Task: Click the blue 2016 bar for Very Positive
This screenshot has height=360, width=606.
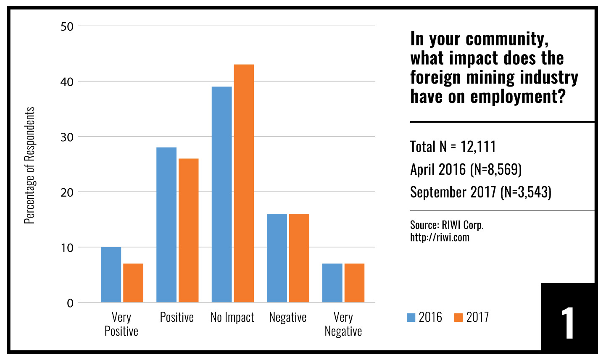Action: point(111,275)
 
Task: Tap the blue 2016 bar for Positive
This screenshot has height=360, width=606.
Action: point(166,225)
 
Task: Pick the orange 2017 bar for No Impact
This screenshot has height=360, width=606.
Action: point(244,183)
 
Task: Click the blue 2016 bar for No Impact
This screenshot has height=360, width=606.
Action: point(221,194)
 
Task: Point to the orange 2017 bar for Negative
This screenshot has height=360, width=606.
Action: point(299,258)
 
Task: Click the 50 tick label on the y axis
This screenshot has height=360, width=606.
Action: point(67,26)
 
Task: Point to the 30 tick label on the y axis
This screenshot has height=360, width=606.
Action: point(67,137)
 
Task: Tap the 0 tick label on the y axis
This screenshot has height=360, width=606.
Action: point(70,303)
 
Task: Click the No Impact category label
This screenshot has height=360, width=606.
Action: point(232,317)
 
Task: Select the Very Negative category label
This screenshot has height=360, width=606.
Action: point(343,324)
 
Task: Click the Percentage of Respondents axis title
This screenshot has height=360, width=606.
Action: point(29,165)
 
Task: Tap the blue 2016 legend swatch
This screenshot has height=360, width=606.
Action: point(411,318)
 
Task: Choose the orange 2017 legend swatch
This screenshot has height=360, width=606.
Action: point(458,318)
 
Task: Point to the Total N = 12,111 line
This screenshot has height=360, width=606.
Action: point(453,147)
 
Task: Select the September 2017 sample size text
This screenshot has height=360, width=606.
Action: point(480,192)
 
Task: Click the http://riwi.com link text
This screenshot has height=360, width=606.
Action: point(440,237)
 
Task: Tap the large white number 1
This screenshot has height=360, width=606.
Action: point(567,323)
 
